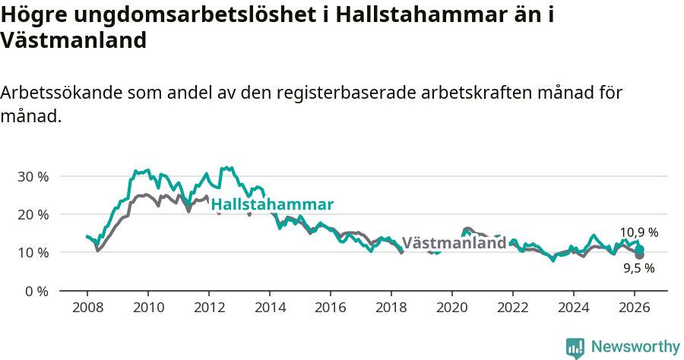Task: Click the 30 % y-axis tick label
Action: coord(32,176)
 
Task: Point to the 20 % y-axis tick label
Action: coord(32,214)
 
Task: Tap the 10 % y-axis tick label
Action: coord(32,252)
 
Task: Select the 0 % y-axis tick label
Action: coord(36,291)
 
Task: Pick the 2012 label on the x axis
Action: coord(208,308)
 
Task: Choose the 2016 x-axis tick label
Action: coord(330,308)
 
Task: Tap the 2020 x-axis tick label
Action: coord(451,308)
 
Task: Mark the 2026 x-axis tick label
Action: coord(634,308)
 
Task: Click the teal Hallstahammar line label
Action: coord(272,205)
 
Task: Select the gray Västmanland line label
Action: coord(454,244)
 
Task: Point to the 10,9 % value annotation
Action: coord(638,232)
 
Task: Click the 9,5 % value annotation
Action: coord(638,268)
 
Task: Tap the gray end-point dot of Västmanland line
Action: coord(640,255)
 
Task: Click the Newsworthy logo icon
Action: coord(575,348)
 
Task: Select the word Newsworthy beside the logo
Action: coord(635,347)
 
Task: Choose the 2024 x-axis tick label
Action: coord(573,308)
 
